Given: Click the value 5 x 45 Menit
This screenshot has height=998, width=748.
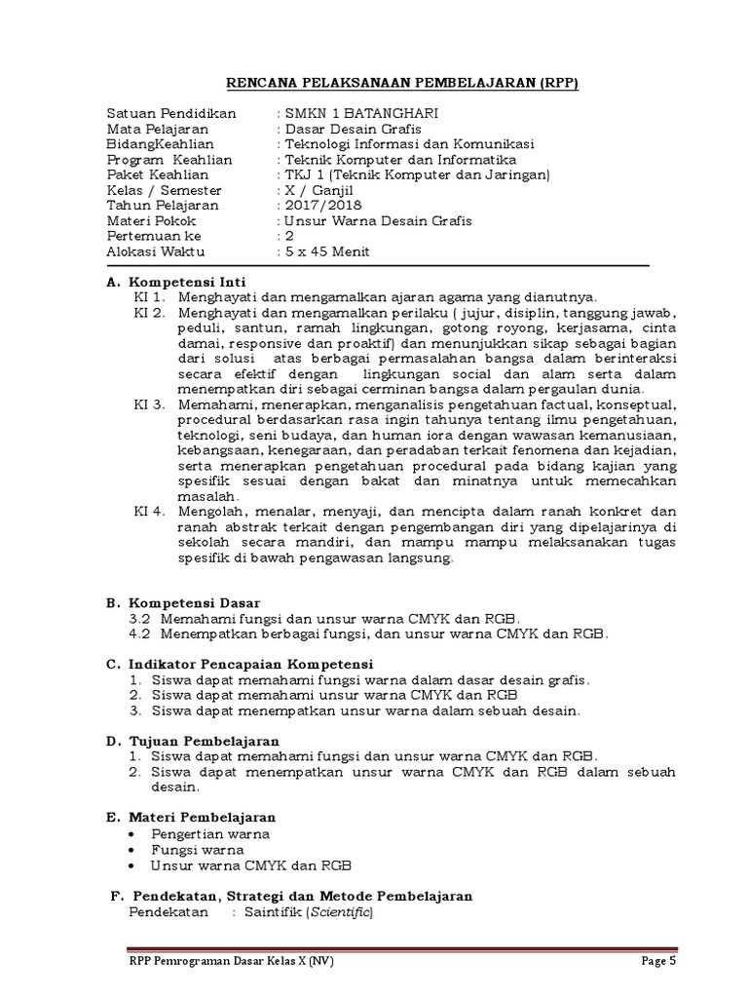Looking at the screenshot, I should click(x=328, y=251).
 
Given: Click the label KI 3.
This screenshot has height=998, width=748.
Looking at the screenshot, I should click(x=150, y=403).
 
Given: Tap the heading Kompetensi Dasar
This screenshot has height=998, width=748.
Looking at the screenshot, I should click(x=194, y=603).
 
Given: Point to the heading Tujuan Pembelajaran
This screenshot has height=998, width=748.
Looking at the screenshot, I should click(x=205, y=742).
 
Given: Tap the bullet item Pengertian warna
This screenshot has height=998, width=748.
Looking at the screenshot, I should click(x=210, y=834).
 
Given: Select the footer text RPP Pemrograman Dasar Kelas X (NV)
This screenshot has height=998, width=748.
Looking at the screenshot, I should click(x=230, y=961).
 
